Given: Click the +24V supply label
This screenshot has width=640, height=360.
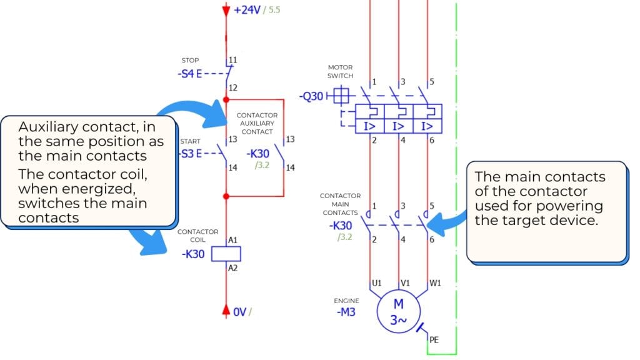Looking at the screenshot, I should [x=248, y=11].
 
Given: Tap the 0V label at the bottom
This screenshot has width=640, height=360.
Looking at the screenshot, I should [x=240, y=311].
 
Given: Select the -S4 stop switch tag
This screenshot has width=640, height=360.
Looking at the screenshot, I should [x=190, y=73].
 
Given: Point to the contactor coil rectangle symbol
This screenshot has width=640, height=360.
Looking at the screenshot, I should [x=227, y=254].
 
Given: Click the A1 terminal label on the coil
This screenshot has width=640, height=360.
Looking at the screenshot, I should [x=234, y=240].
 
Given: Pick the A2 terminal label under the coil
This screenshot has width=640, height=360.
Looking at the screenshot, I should [x=234, y=267].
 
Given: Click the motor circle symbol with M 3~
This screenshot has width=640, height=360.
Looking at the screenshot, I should [x=398, y=311].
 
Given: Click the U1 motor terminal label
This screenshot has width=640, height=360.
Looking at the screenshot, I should [x=377, y=283].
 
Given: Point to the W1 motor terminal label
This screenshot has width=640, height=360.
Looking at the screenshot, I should [x=436, y=283].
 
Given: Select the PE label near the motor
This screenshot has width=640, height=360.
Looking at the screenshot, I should [x=434, y=341].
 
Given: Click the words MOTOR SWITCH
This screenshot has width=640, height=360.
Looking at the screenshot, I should [x=340, y=71].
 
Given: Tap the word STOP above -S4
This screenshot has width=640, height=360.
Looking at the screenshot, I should [x=190, y=61].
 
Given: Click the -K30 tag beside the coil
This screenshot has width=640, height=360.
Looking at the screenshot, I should [x=194, y=254].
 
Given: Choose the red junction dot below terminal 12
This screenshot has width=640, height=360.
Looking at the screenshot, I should [x=226, y=100].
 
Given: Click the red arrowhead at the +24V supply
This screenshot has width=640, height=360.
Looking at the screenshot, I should [x=226, y=11].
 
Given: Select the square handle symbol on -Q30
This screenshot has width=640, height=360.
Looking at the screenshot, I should [x=340, y=96].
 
